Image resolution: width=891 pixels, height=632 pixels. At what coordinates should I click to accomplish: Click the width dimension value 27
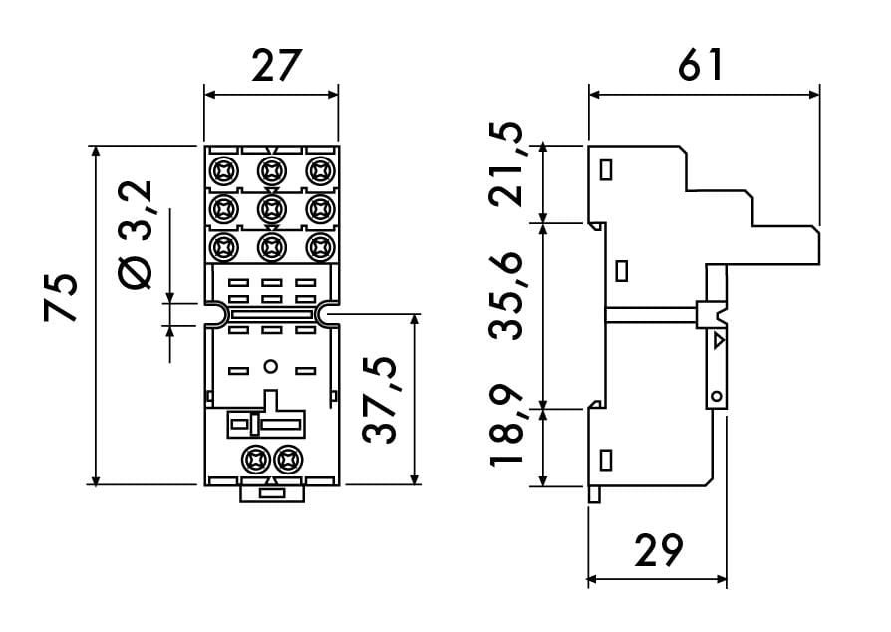[271, 67]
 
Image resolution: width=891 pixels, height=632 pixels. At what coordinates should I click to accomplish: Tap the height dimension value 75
[62, 297]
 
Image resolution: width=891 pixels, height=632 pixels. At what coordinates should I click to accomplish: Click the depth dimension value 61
[702, 66]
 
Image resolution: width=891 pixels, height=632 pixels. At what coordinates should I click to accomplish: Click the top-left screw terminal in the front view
[223, 171]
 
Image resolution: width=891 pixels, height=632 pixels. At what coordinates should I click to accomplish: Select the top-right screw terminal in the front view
[319, 171]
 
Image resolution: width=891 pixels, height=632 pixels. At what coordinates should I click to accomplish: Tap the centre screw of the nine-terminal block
[271, 208]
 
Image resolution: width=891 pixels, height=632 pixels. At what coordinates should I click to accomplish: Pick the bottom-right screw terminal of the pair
[289, 460]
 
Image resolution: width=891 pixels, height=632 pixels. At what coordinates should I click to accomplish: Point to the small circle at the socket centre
[269, 368]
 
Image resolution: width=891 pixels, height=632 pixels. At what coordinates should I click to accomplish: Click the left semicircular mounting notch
[213, 314]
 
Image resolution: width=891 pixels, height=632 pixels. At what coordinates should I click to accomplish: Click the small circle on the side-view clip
[716, 398]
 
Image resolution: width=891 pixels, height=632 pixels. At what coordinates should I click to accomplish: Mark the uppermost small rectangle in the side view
[605, 170]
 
